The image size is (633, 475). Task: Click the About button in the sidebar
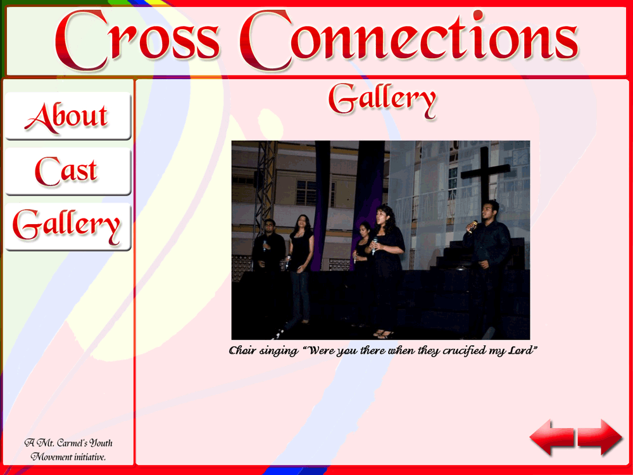[68, 116]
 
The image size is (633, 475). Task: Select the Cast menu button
[68, 171]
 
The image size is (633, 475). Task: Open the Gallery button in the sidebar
[68, 227]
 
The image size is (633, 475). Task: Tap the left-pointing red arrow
[552, 437]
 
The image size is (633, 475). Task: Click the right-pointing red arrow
[600, 437]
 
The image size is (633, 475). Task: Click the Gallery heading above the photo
[382, 100]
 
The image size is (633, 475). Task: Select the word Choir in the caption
[242, 350]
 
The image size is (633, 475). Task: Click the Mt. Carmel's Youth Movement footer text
[68, 450]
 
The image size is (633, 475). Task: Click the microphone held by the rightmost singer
[473, 226]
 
